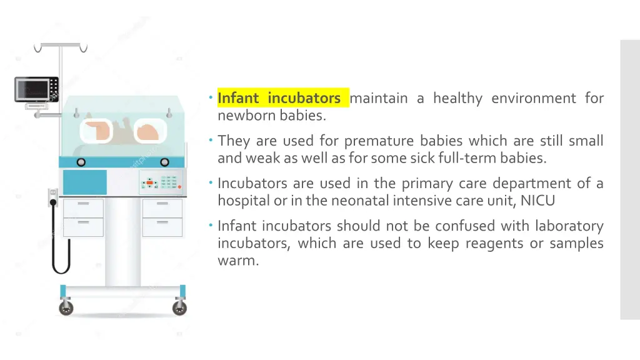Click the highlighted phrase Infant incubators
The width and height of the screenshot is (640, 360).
(x=279, y=99)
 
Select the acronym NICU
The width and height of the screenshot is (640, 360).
(x=537, y=201)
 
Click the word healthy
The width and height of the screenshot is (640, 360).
(x=457, y=99)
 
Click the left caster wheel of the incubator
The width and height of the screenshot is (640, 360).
(x=66, y=307)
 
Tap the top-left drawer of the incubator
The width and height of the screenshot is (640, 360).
(x=83, y=208)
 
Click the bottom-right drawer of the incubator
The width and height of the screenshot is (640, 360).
(x=162, y=227)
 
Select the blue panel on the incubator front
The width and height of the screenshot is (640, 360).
(x=85, y=182)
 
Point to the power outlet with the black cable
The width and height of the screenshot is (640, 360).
(x=53, y=198)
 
